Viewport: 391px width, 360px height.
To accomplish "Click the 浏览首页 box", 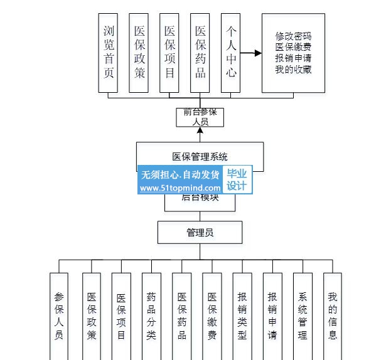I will (109, 53).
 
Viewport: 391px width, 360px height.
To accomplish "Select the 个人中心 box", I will (231, 53).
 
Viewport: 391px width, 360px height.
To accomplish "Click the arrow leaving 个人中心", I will (251, 53).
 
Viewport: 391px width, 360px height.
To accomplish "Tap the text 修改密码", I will (293, 36).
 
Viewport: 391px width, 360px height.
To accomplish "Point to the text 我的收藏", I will (293, 70).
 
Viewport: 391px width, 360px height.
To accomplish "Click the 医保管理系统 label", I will (200, 156).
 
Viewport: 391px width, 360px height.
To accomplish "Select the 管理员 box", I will (200, 233).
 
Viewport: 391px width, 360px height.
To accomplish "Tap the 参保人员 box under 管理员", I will (59, 315).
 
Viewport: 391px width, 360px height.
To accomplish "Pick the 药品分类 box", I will (151, 315).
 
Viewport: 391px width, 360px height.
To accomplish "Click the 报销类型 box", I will (242, 315).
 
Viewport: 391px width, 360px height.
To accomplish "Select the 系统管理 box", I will (303, 315).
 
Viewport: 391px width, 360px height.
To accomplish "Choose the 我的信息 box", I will (333, 315).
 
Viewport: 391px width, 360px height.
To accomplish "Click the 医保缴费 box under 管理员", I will (212, 315).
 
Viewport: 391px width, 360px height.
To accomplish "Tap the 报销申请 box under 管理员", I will (272, 315).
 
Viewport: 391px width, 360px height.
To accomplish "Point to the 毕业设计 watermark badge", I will (237, 181).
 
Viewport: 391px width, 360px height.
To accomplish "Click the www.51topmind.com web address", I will (179, 188).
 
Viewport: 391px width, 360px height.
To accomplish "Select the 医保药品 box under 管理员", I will (181, 315).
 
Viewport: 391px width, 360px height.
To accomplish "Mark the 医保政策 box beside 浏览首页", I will (139, 53).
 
